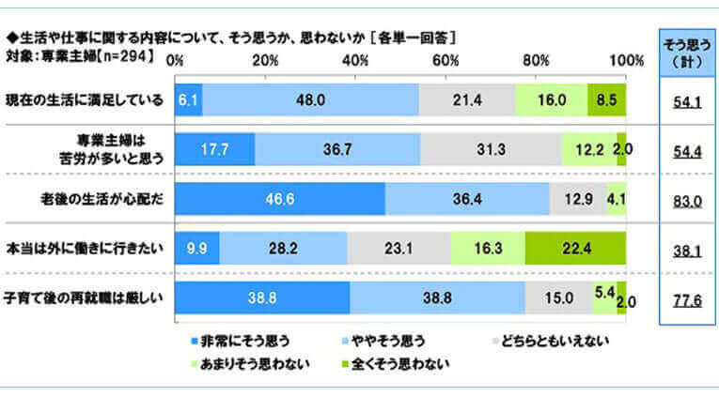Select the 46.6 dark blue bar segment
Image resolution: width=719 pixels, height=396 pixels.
coord(280,199)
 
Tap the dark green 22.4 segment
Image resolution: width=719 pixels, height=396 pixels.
coord(574,249)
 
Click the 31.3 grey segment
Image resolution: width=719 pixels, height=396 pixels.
coord(491,149)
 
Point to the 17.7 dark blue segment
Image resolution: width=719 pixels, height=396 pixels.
coord(214,149)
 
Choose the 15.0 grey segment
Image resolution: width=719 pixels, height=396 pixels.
coord(558,298)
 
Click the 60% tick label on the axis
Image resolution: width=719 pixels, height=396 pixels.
coord(445,61)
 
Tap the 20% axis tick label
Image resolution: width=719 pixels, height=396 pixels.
coord(265,61)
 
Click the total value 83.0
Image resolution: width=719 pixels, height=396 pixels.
coord(689,200)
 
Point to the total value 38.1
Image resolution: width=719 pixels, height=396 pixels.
coord(689,250)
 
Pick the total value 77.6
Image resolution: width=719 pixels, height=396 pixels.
coord(689,299)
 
